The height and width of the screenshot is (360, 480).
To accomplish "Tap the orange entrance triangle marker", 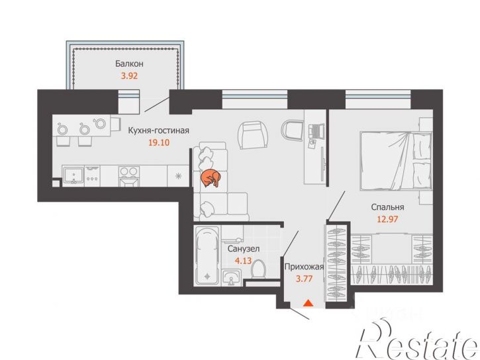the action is pyautogui.click(x=308, y=303).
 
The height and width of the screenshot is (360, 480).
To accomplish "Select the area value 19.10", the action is pyautogui.click(x=159, y=142).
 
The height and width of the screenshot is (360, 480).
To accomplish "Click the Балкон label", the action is pyautogui.click(x=129, y=64).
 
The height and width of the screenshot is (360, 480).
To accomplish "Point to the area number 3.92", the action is pyautogui.click(x=129, y=75).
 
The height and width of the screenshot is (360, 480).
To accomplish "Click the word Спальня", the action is pyautogui.click(x=387, y=207).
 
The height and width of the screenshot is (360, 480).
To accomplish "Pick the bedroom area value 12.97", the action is pyautogui.click(x=387, y=219).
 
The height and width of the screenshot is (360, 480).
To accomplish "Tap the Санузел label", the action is pyautogui.click(x=244, y=249).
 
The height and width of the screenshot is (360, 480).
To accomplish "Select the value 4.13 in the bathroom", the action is pyautogui.click(x=243, y=261).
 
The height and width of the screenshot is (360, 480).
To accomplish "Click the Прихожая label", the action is pyautogui.click(x=304, y=267).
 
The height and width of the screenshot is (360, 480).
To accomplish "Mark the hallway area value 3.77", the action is pyautogui.click(x=304, y=279).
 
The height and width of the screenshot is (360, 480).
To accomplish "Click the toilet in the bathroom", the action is pyautogui.click(x=259, y=269).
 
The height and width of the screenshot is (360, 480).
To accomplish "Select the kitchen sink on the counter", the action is pyautogui.click(x=73, y=176).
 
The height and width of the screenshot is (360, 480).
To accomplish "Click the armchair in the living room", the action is pyautogui.click(x=252, y=135).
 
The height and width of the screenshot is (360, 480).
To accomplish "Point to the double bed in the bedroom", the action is pyautogui.click(x=396, y=161).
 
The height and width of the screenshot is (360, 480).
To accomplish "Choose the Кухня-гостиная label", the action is pyautogui.click(x=159, y=130).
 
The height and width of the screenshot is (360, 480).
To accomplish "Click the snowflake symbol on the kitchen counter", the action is pyautogui.click(x=178, y=176).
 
